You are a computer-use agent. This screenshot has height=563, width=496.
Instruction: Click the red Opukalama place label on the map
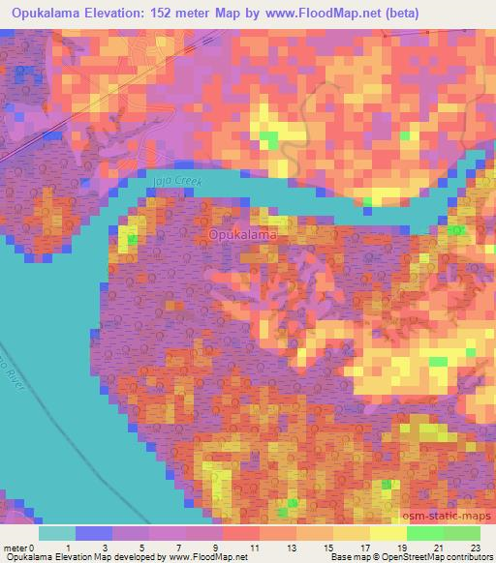[x=241, y=235]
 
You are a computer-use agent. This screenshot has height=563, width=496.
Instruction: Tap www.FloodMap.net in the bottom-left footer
[x=203, y=557]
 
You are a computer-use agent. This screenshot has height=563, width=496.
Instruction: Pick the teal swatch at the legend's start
[x=56, y=532]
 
